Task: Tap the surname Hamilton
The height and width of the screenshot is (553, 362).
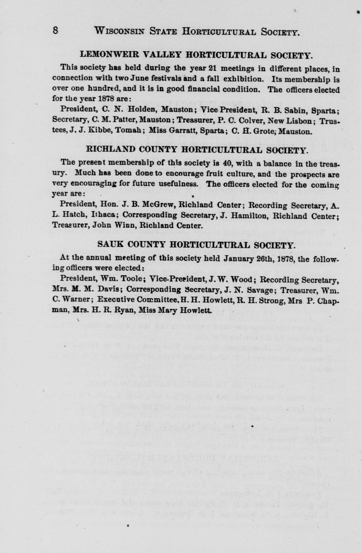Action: click(245, 216)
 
